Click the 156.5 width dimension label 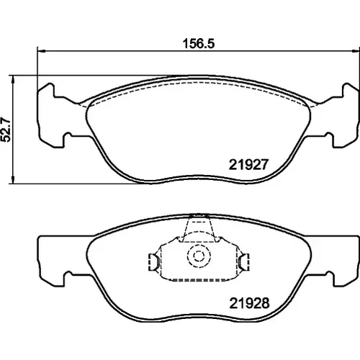(x=199, y=44)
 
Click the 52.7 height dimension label (x=6, y=130)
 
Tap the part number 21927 (x=248, y=165)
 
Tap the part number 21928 (x=250, y=303)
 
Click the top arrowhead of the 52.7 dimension (x=13, y=79)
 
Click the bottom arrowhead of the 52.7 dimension (x=13, y=180)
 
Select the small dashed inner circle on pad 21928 (x=198, y=256)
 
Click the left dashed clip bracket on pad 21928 (x=152, y=262)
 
